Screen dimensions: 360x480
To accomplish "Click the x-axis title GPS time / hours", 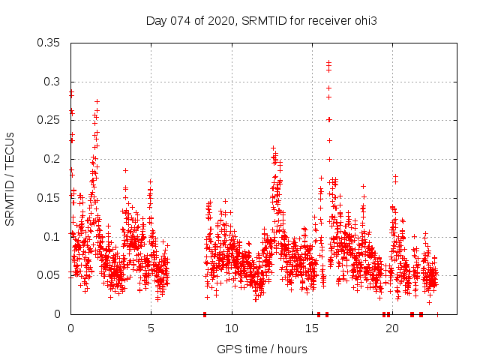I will point(262,349).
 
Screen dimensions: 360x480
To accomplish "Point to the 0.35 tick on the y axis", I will point(49,43).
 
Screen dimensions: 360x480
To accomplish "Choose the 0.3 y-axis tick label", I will point(52,82).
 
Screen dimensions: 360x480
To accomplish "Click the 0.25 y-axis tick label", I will point(49,120).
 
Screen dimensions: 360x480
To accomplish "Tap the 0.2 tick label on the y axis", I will point(52,159).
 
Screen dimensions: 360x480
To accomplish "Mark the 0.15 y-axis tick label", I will point(49,198).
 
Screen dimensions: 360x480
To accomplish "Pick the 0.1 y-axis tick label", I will point(52,237).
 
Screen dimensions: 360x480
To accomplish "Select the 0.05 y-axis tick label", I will point(49,275).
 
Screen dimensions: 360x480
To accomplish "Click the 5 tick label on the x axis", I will point(151,328).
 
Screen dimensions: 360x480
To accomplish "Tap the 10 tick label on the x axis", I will point(232,328).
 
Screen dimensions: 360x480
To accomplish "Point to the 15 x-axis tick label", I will point(312,328).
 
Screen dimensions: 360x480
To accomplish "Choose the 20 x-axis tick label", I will point(392,328).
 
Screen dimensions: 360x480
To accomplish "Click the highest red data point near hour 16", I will point(328,63).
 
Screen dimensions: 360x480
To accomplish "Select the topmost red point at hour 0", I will point(71,92).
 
